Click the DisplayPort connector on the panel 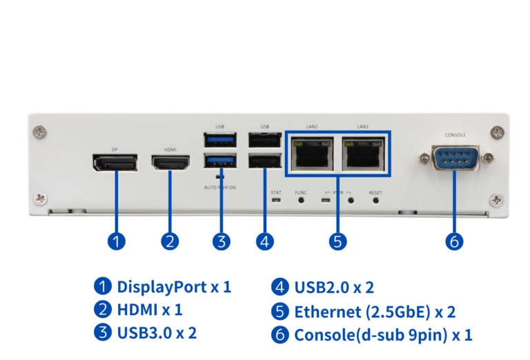(115, 163)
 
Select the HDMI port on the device (170, 163)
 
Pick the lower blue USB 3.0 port (220, 163)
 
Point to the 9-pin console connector (455, 158)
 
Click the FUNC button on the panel (301, 201)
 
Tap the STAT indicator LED (276, 201)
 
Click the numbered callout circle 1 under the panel (117, 241)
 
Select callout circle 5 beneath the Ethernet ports (337, 241)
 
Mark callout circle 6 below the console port (454, 241)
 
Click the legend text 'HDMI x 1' (149, 310)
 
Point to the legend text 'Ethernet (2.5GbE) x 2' (375, 311)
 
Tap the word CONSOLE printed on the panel (455, 135)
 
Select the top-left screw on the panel (43, 130)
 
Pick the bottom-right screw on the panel (495, 200)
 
